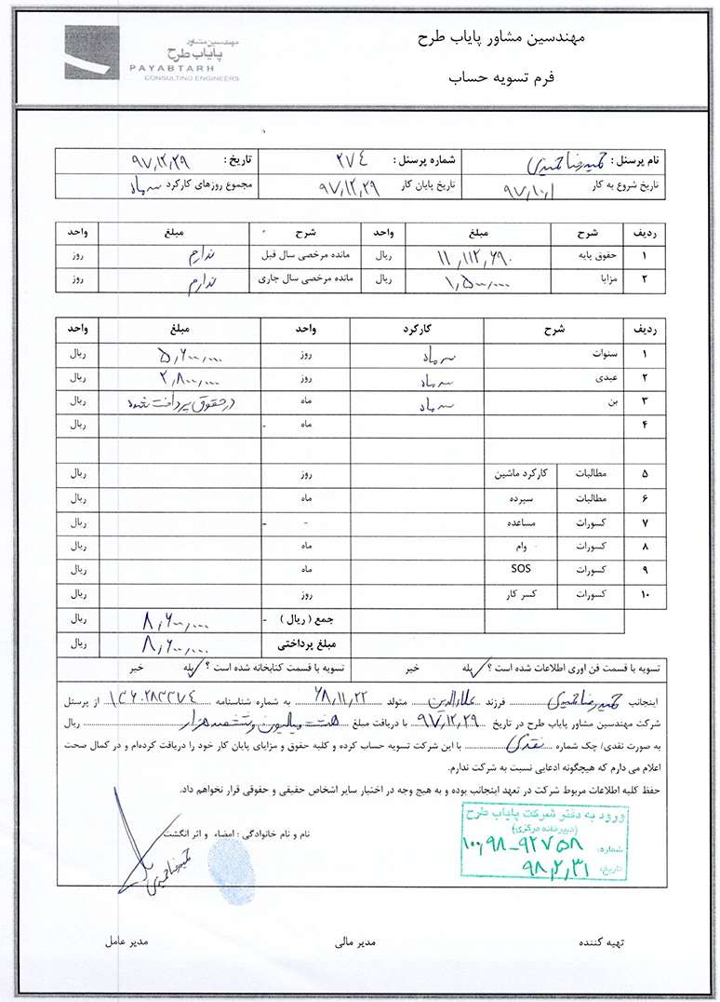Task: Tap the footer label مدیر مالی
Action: coord(354,942)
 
